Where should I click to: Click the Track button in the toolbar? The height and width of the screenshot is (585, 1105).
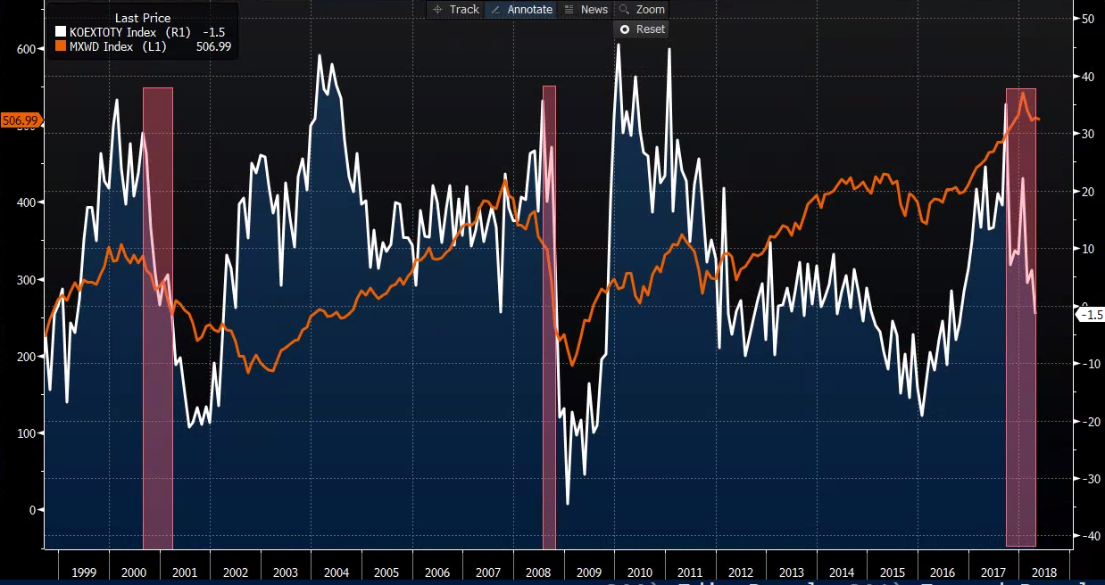(455, 10)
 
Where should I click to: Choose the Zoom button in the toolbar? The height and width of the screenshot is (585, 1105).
(642, 10)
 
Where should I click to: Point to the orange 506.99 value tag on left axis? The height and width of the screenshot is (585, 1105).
(20, 120)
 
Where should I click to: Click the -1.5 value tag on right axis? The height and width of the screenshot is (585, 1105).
(1091, 315)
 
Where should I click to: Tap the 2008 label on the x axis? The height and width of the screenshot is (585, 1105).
(538, 572)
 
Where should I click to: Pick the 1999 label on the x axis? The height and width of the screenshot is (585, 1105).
(83, 572)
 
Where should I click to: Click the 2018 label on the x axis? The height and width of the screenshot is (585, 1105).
(1043, 572)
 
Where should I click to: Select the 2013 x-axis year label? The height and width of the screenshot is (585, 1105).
(791, 572)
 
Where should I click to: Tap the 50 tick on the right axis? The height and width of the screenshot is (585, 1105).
(1087, 19)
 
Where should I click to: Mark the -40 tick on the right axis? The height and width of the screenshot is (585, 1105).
(1088, 536)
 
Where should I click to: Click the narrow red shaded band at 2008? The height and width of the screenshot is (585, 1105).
(549, 317)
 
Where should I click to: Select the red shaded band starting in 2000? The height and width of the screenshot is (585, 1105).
(158, 317)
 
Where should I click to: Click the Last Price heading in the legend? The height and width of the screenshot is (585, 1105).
(143, 18)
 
